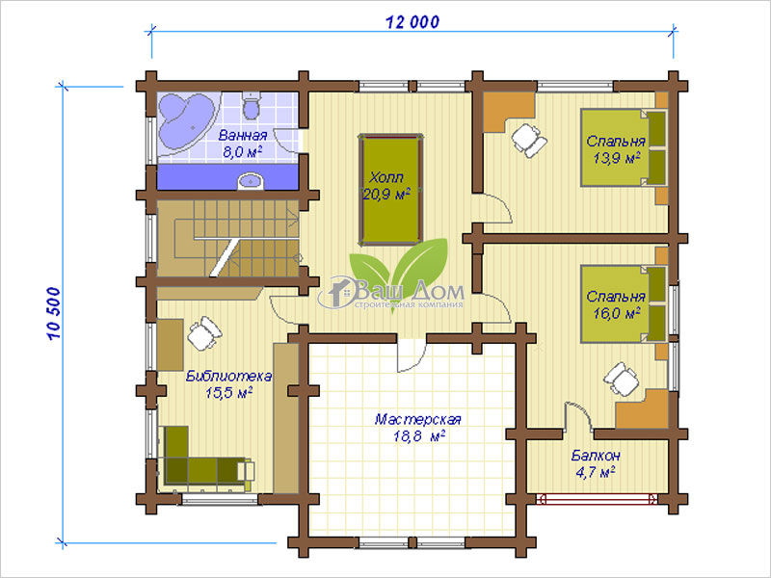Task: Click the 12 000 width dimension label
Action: (412, 22)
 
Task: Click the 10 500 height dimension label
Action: (54, 314)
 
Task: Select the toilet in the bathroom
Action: (252, 107)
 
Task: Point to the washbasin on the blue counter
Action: (252, 181)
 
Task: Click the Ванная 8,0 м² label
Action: (243, 143)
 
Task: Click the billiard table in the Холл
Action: (391, 189)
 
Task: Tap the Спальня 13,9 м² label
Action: (616, 149)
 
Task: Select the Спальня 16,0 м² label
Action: (616, 304)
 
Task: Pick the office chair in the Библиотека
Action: (204, 332)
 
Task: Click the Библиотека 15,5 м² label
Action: (228, 384)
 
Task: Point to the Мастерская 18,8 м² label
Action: (418, 427)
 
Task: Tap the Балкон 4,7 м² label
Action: (596, 463)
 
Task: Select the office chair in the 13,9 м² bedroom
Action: (528, 140)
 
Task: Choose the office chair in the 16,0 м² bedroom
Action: (621, 379)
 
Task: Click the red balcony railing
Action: (598, 499)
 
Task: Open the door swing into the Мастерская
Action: (412, 355)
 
